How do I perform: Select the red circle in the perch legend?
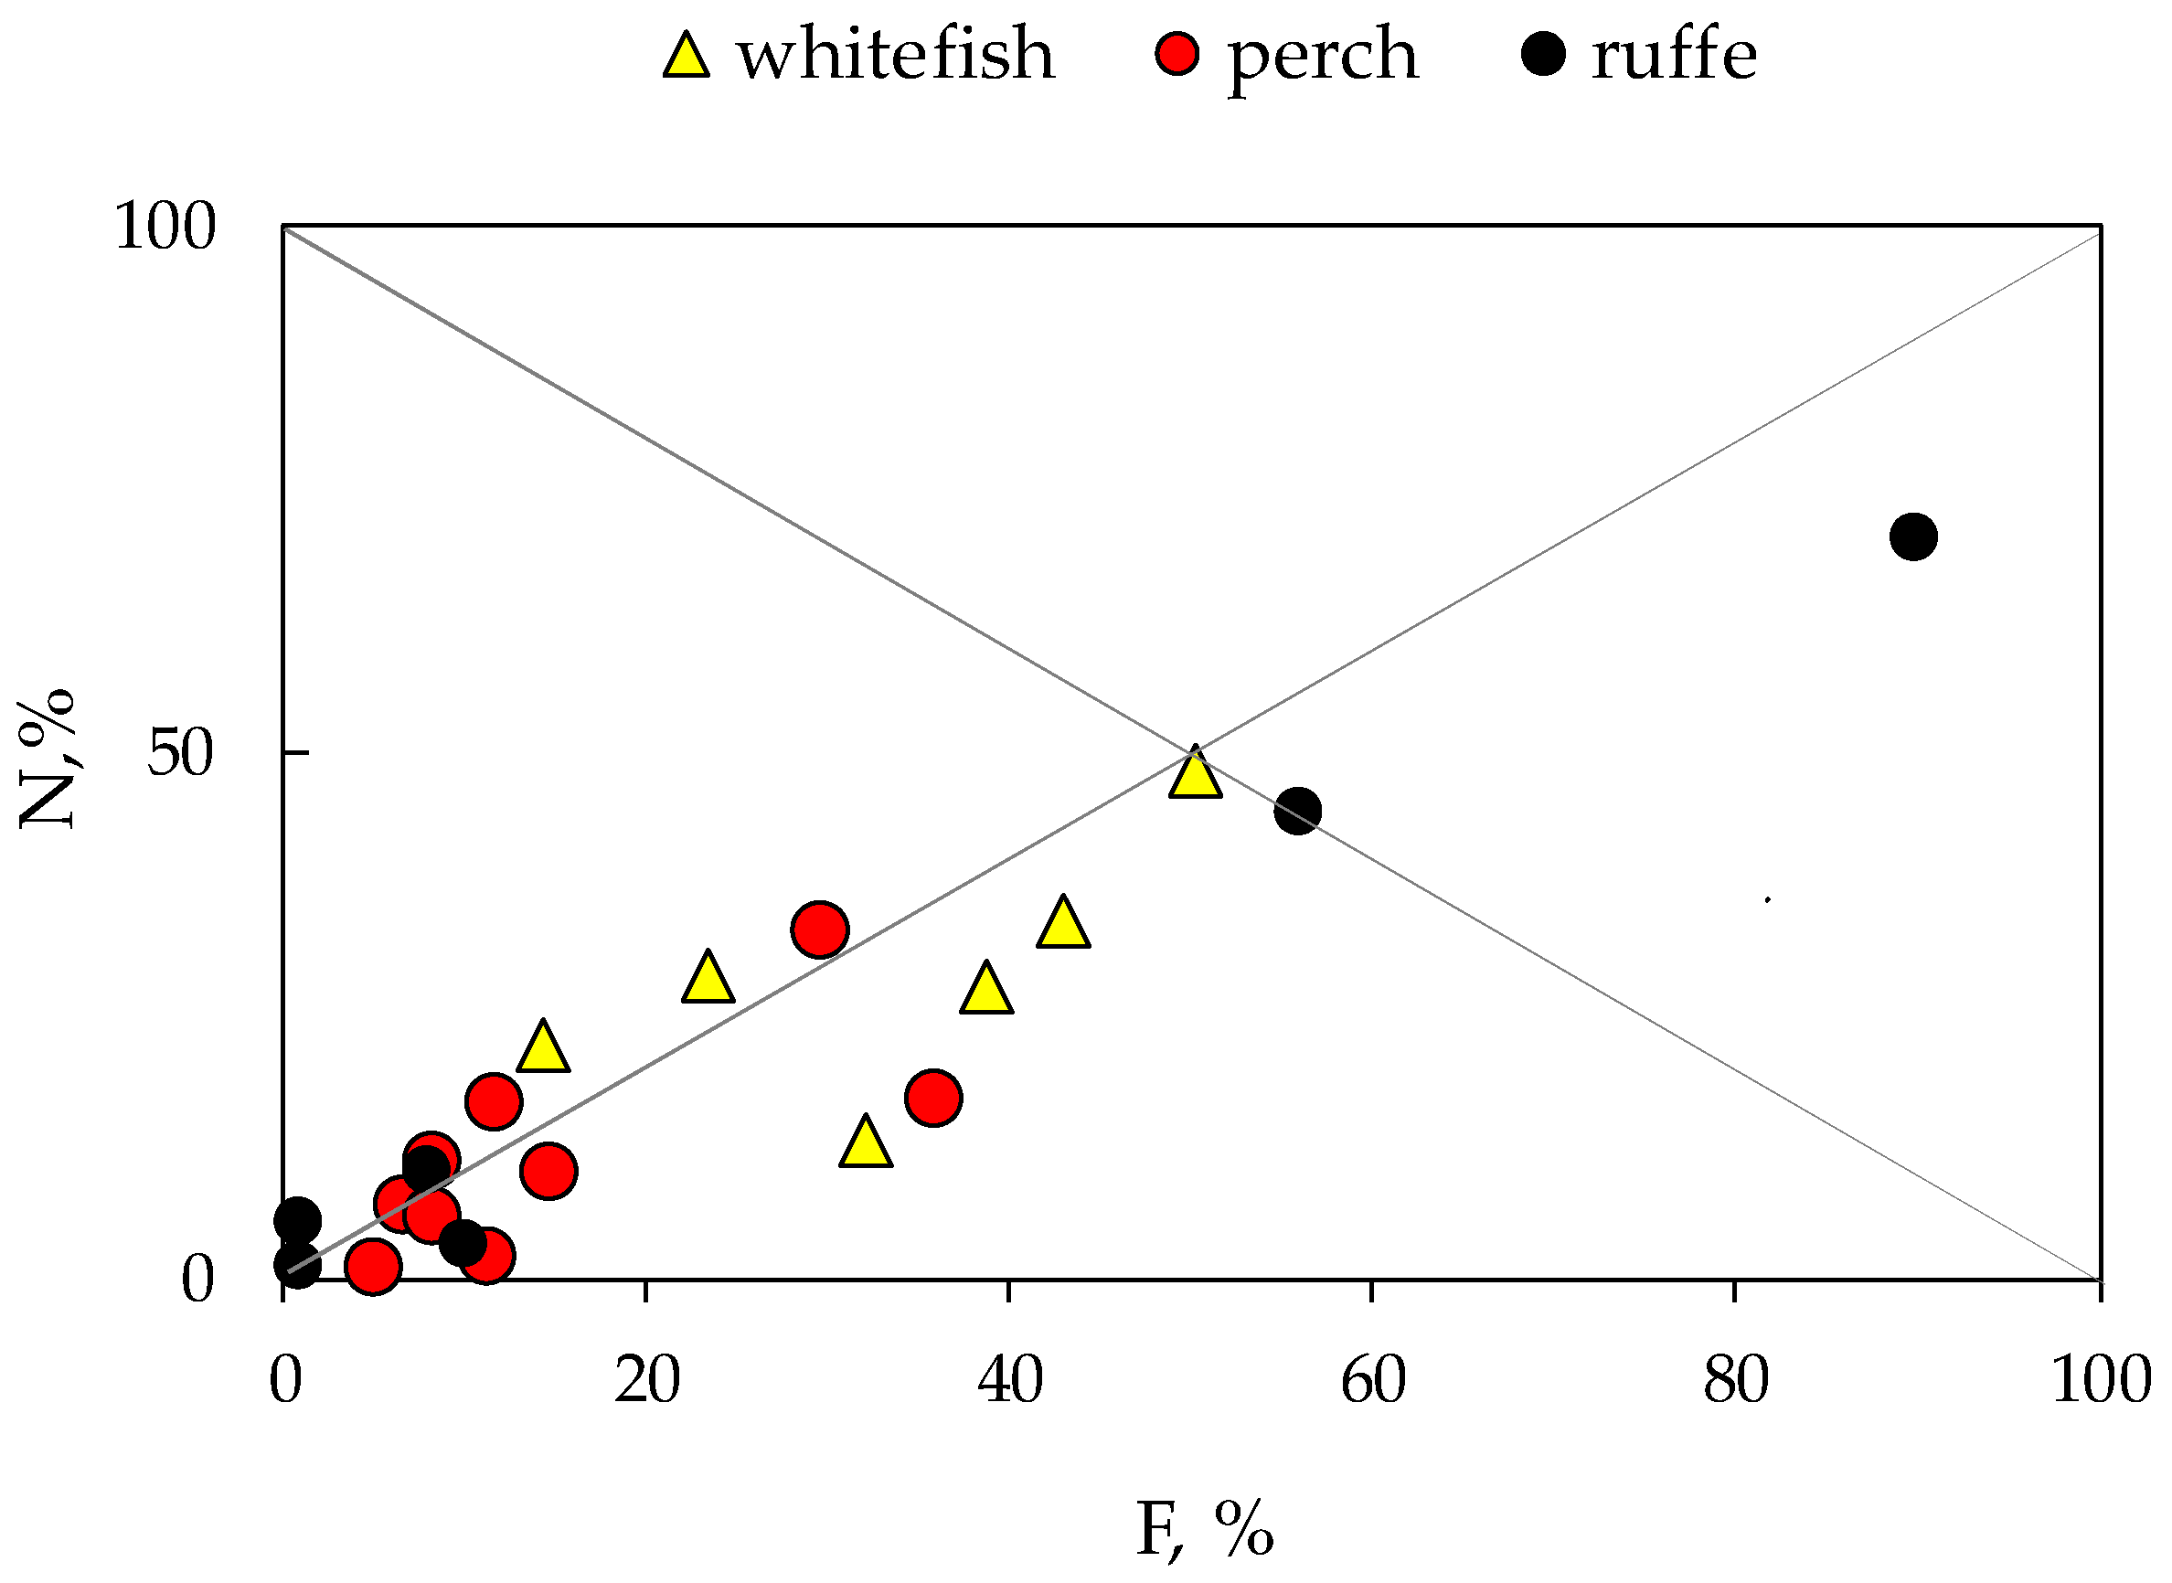1177,54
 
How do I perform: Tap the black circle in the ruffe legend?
1543,54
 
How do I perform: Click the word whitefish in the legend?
895,54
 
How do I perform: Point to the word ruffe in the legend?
1674,54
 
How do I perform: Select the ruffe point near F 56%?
1297,812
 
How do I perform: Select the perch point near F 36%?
932,1098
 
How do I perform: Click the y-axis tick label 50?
179,754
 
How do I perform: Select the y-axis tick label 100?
164,228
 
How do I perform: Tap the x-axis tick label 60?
1373,1382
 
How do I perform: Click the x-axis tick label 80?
1736,1382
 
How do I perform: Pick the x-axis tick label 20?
647,1382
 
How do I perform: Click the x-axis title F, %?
1205,1530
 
